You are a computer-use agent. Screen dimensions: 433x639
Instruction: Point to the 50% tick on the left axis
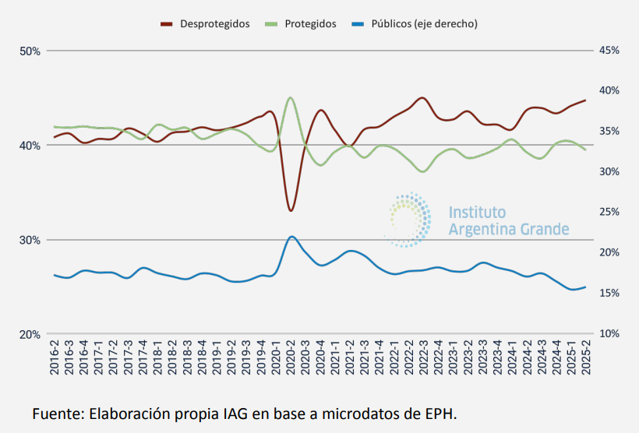tap(30, 51)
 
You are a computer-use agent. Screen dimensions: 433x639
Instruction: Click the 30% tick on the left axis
tap(30, 240)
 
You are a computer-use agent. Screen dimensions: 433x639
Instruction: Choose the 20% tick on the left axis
tap(30, 334)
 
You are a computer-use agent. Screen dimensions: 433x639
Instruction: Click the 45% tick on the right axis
tap(609, 51)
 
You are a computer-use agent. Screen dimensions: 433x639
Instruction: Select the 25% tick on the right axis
tap(609, 213)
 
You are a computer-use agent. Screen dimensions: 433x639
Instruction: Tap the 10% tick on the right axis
tap(609, 334)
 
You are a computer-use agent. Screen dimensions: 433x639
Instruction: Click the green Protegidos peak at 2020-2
tap(291, 97)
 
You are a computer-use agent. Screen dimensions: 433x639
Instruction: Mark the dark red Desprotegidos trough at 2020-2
tap(291, 210)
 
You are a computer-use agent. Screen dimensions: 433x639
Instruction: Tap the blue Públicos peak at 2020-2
tap(291, 236)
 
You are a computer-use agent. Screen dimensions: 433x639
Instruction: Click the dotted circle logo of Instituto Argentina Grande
tap(409, 220)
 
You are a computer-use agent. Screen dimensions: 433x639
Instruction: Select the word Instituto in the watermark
tap(477, 213)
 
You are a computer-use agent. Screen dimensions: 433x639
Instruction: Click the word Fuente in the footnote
tap(56, 412)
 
